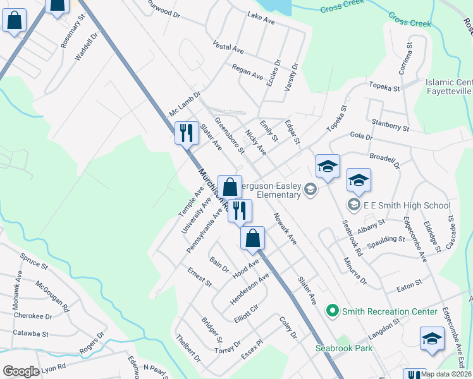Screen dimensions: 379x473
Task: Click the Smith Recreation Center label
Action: [x=390, y=311]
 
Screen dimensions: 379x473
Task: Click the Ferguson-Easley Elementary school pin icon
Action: [x=310, y=189]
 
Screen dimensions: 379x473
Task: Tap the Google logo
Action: [x=21, y=371]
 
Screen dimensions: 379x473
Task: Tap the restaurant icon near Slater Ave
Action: [x=186, y=133]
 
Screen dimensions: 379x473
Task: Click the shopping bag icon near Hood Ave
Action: [x=252, y=238]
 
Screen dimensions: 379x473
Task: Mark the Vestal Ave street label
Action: [x=228, y=47]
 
